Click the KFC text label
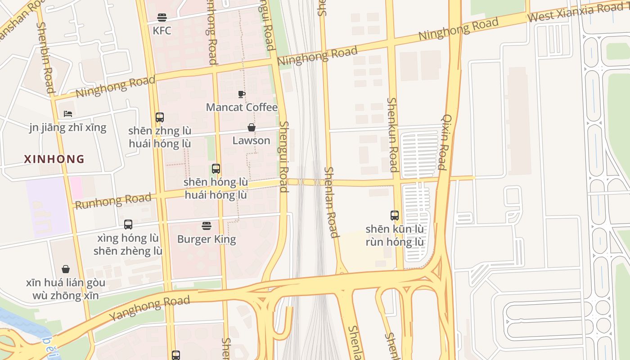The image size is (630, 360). point(162,31)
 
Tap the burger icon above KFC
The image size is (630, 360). point(162,18)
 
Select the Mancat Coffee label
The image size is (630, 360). point(242,108)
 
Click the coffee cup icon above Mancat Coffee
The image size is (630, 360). point(242,94)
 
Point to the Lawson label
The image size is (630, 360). point(251,140)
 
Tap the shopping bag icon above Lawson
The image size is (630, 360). point(252,127)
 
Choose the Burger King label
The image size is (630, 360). point(207,239)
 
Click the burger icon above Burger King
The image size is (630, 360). point(207,225)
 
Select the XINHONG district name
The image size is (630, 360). point(54,159)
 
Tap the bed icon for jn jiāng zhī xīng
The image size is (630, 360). point(68,114)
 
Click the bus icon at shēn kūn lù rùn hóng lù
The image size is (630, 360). point(395,216)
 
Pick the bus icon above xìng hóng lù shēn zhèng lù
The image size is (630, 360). point(128,224)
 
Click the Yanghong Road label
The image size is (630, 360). point(149,308)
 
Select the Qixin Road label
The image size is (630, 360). point(444,142)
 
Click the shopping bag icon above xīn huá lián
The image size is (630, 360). point(66,269)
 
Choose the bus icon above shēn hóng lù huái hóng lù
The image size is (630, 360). point(216,169)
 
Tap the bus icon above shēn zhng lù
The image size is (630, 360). point(159,117)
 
